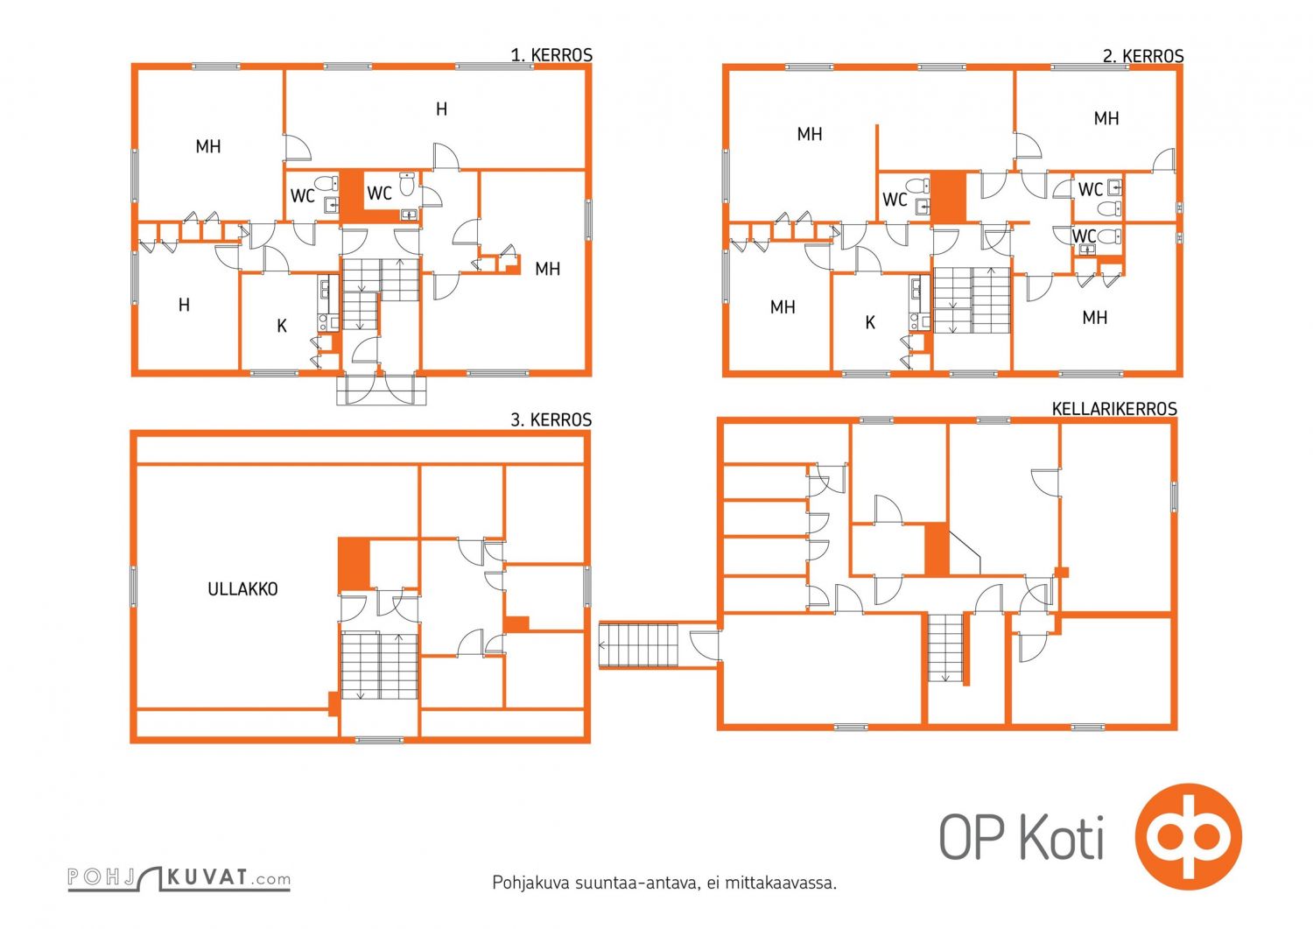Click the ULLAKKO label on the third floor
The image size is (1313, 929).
tap(242, 589)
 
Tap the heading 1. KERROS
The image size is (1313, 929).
tap(551, 55)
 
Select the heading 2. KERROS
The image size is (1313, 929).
tap(1143, 56)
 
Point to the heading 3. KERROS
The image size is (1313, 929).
tap(551, 420)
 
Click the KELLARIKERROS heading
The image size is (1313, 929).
tap(1114, 409)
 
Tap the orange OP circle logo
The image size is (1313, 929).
tap(1188, 835)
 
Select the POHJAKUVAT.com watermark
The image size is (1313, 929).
tap(179, 878)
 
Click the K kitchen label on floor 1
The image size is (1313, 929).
tap(282, 326)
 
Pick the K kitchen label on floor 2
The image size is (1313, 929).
tap(870, 322)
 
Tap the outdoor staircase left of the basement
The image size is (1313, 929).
tap(638, 645)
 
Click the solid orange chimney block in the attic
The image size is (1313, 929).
tap(354, 564)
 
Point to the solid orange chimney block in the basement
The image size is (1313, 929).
tap(937, 549)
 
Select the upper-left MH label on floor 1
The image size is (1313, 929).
tap(208, 146)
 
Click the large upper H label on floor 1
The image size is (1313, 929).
tap(442, 109)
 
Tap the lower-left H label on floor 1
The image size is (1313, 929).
tap(184, 305)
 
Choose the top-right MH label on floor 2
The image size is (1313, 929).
tap(1106, 118)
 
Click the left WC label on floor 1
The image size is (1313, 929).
tap(303, 196)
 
